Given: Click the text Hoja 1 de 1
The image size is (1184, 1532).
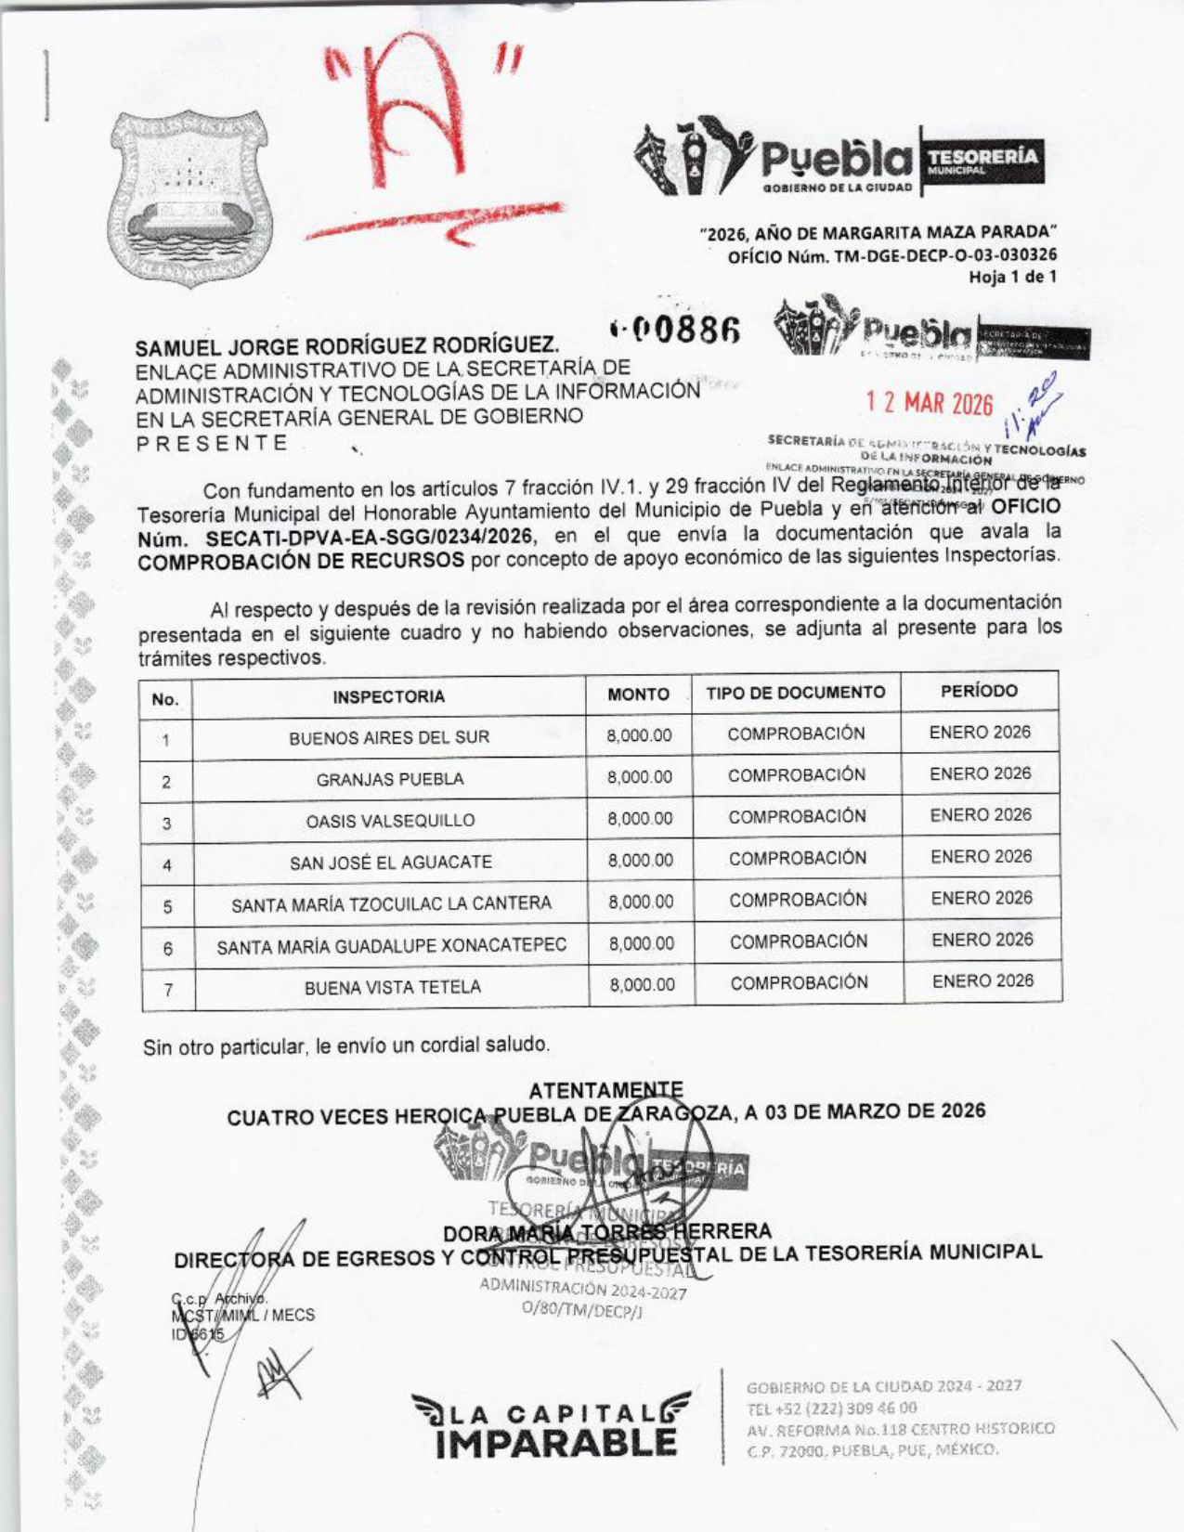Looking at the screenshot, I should (1012, 277).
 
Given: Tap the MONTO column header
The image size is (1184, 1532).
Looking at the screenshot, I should (638, 695).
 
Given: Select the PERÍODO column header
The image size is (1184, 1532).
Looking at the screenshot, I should (979, 692).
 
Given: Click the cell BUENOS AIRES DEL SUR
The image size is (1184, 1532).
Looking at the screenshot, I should (389, 738).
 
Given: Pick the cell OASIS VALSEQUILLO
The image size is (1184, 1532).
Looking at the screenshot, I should (390, 821).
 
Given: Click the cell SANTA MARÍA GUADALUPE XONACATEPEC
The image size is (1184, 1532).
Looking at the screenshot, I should (391, 946).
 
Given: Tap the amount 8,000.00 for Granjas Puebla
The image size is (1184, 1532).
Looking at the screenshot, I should (639, 777).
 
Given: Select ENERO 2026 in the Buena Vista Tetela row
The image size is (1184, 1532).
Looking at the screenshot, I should (982, 981).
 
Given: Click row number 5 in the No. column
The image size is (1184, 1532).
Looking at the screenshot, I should (167, 906).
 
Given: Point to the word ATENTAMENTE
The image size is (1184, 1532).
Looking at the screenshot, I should (605, 1090).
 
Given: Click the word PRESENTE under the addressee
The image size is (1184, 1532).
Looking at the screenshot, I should (213, 443).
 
